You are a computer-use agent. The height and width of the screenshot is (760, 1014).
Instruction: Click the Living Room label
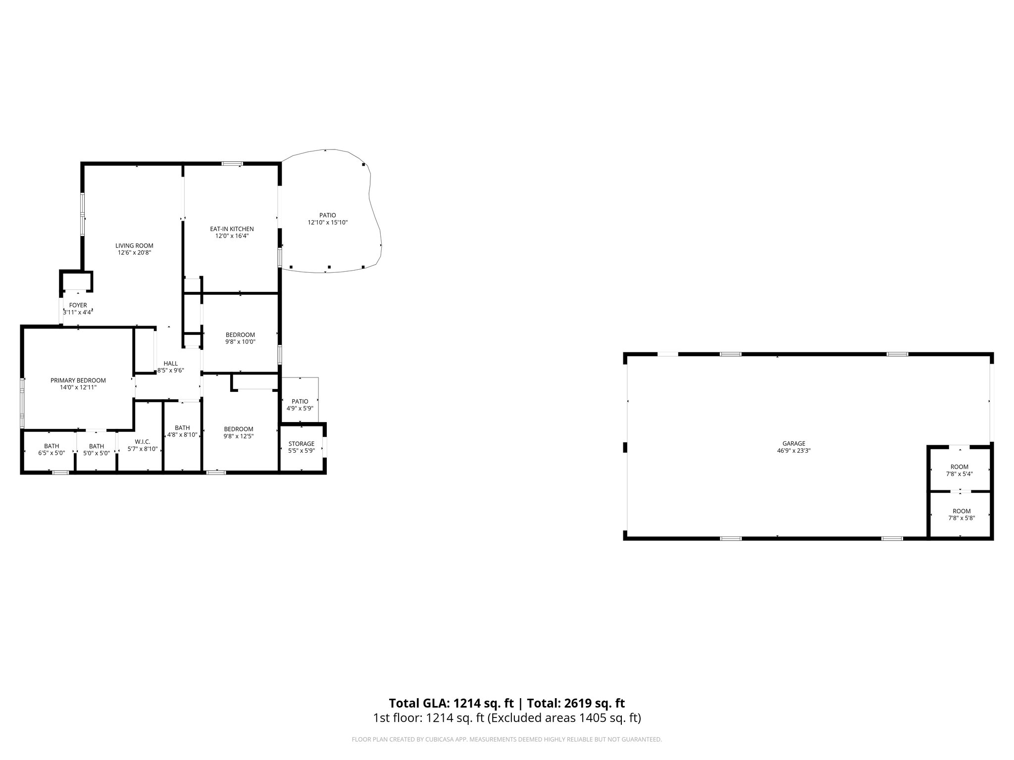click(134, 245)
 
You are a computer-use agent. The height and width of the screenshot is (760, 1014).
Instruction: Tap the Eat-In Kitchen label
click(232, 229)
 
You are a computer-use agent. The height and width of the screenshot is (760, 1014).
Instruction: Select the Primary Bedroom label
click(78, 380)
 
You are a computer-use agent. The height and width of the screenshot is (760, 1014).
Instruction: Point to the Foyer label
click(78, 305)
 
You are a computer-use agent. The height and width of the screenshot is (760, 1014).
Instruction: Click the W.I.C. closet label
click(143, 442)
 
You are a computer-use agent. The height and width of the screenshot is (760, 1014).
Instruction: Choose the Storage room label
click(302, 444)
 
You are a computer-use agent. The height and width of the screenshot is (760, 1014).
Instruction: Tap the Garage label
click(794, 444)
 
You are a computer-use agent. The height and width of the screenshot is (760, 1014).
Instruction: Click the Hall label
click(170, 364)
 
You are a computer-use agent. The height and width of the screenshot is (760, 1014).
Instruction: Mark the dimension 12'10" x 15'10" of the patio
click(328, 223)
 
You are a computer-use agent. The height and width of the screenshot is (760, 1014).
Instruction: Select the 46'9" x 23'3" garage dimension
click(794, 451)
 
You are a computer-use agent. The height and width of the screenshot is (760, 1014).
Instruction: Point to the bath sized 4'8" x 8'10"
click(182, 431)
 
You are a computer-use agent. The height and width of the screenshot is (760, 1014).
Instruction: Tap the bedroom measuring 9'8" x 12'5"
click(239, 432)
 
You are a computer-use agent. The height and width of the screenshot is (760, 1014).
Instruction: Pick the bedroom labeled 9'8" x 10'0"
click(240, 338)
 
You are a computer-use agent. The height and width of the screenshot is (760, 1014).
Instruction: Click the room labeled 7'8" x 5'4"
click(959, 471)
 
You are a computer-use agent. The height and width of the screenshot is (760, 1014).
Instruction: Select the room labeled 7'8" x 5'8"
click(962, 515)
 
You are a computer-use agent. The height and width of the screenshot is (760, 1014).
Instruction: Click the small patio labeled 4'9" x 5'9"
click(300, 405)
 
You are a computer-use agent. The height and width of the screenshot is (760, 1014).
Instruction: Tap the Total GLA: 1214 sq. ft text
click(451, 703)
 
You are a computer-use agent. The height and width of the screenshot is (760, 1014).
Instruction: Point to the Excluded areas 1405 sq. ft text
click(564, 718)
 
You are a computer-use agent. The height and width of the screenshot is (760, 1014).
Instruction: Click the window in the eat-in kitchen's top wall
click(232, 164)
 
